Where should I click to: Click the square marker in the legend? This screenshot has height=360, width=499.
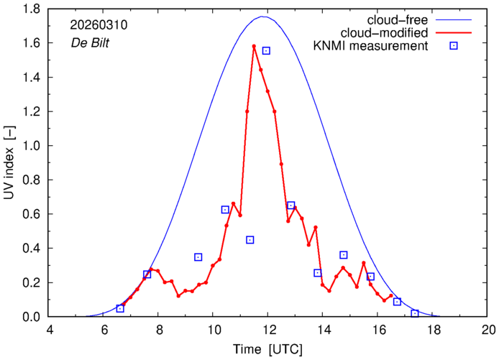[454, 47]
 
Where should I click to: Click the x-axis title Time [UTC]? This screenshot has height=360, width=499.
[269, 349]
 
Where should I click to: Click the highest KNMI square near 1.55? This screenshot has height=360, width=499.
[266, 51]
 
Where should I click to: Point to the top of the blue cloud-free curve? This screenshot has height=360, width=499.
[264, 17]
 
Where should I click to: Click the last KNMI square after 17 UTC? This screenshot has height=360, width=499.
[415, 313]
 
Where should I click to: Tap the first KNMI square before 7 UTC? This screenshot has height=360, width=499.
[120, 308]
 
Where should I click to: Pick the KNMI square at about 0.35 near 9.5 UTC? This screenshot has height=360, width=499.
[198, 257]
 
